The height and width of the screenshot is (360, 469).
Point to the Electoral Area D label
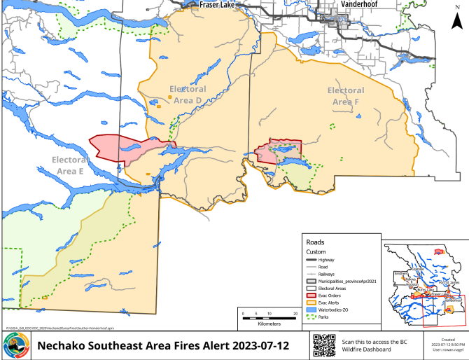point(188,95)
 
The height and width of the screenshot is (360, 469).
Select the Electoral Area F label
point(345,96)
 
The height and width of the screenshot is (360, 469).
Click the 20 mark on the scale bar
point(295,312)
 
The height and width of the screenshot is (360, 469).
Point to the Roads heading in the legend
point(316,242)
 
